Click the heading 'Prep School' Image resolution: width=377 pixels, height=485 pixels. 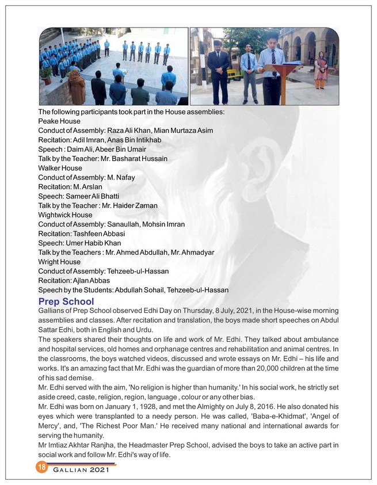point(66,301)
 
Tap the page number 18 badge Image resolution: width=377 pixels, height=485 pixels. point(41,467)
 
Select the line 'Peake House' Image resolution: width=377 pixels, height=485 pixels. point(59,121)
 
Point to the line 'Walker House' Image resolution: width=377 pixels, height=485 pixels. point(60,168)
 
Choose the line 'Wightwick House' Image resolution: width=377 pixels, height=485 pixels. point(65,215)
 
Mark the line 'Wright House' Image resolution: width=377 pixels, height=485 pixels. point(59,262)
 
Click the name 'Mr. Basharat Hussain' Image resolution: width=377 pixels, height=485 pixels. point(132,159)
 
